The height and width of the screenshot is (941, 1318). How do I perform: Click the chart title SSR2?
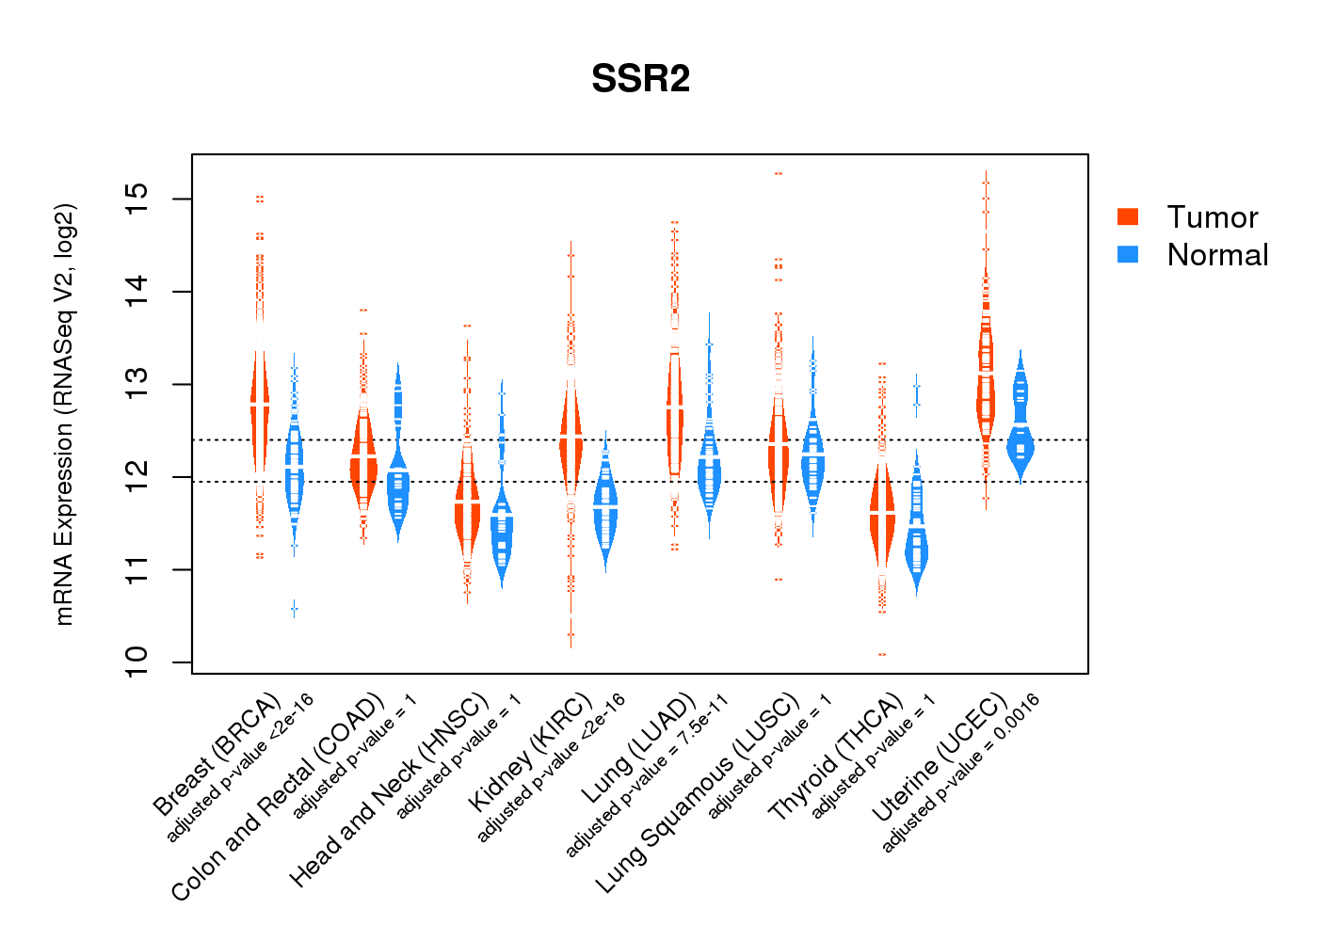pos(640,79)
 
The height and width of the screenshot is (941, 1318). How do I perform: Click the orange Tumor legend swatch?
pos(1128,216)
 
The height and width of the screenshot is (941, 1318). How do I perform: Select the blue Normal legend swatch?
pos(1128,254)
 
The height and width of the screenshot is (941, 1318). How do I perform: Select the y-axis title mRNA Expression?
pos(64,414)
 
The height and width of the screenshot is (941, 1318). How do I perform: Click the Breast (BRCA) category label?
pos(217,755)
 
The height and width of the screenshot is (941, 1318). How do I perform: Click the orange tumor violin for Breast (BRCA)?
pos(260,405)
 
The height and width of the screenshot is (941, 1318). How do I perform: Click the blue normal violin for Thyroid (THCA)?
pos(916,546)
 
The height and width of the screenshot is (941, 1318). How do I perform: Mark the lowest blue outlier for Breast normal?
pos(294,610)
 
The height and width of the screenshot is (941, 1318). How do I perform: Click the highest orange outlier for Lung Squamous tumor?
pos(779,174)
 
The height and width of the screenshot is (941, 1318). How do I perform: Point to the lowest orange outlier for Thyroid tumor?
pos(882,654)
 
